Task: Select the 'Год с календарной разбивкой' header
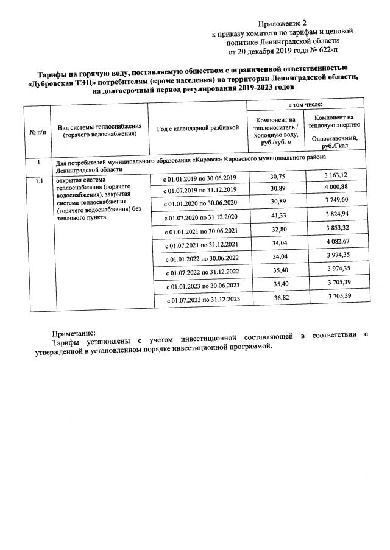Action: coord(197,128)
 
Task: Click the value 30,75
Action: coord(277,177)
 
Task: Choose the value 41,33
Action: coord(278,216)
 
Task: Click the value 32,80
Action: coord(278,230)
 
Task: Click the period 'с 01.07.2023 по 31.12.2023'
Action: coord(201,300)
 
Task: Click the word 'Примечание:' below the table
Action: coord(74,333)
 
